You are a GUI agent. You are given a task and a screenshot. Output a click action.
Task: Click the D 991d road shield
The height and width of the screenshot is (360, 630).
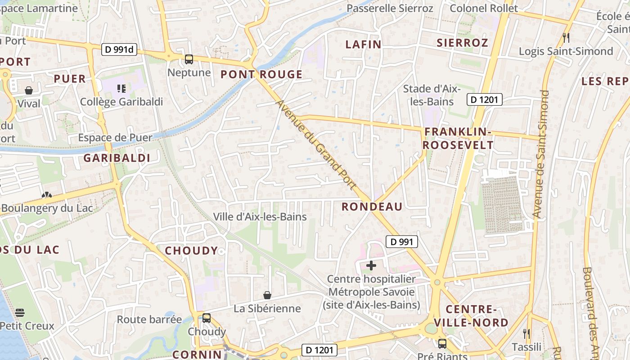tap(119, 49)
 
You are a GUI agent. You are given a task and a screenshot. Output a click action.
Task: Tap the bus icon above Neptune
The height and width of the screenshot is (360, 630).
tap(189, 59)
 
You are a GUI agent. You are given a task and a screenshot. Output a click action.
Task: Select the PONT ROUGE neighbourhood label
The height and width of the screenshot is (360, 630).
tap(261, 75)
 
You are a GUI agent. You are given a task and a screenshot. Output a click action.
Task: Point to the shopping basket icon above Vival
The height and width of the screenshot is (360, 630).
tap(29, 90)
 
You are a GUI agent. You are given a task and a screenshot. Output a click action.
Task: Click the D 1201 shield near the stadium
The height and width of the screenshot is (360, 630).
tap(484, 99)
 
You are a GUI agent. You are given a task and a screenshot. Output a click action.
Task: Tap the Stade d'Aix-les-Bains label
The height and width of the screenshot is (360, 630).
tap(432, 95)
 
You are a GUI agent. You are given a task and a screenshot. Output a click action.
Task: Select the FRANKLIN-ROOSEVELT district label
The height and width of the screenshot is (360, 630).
tap(458, 138)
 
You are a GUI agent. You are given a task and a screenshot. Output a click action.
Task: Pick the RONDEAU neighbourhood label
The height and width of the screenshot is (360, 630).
tap(372, 207)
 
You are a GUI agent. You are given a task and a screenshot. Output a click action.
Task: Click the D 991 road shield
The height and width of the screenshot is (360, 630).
tap(402, 242)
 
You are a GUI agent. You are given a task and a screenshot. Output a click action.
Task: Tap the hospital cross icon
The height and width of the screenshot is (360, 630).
tap(371, 265)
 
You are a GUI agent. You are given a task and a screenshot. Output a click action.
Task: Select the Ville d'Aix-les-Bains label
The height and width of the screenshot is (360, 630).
tap(260, 216)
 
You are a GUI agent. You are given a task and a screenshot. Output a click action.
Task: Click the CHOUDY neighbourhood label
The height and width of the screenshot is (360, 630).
tap(191, 251)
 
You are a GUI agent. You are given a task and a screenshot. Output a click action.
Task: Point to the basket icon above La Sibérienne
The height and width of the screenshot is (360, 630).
tap(267, 295)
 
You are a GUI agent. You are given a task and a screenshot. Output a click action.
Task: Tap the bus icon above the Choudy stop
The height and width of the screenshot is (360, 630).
tap(207, 318)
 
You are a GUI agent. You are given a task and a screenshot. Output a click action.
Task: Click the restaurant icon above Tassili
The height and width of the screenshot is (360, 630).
tap(526, 334)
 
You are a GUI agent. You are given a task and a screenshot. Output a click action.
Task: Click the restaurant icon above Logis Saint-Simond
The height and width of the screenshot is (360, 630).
tap(566, 38)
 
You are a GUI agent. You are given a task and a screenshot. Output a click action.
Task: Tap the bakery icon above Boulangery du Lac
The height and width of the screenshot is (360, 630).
tap(46, 195)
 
